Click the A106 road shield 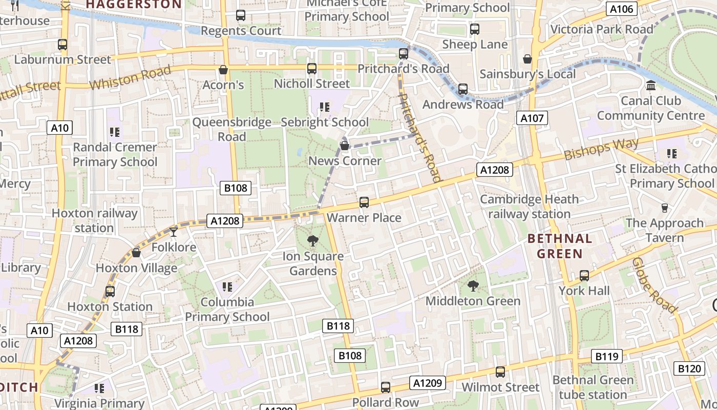click(x=622, y=9)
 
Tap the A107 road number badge click(x=532, y=118)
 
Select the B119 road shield click(x=607, y=356)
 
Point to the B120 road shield click(x=689, y=368)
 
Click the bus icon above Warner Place click(x=364, y=202)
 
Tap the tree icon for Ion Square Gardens click(x=312, y=240)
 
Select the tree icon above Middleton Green click(x=473, y=286)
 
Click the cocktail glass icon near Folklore click(x=174, y=232)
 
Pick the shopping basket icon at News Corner click(x=345, y=146)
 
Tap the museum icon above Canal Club click(x=651, y=86)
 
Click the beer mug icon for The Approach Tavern click(x=665, y=208)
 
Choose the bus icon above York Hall click(x=584, y=276)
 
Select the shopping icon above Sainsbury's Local click(x=528, y=59)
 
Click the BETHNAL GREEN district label click(x=559, y=246)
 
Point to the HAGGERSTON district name click(x=134, y=4)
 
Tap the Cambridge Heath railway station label click(x=529, y=207)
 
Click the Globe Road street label click(x=654, y=284)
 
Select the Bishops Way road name click(x=602, y=149)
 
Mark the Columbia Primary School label click(x=227, y=309)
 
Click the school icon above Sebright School click(x=324, y=107)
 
